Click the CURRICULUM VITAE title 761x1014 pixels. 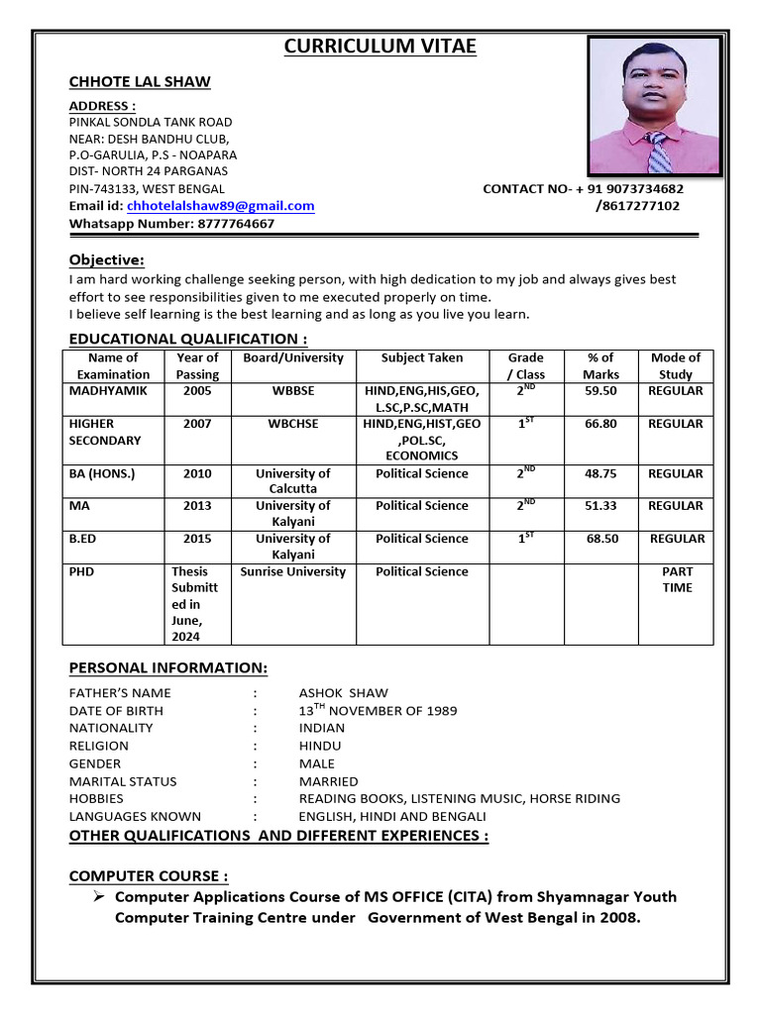[380, 47]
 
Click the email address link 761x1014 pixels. [220, 206]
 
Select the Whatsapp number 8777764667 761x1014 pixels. [236, 224]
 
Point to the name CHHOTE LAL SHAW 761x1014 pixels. [140, 82]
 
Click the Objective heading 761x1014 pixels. [106, 260]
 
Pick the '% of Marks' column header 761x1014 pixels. [600, 365]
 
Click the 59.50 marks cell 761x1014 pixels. [600, 391]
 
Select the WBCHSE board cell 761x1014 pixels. [293, 424]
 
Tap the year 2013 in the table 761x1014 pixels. [197, 506]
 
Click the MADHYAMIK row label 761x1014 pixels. [108, 391]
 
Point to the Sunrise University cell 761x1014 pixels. [293, 572]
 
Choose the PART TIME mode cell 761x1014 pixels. [677, 579]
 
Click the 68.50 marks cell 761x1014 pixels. [601, 539]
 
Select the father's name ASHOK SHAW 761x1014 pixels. [344, 693]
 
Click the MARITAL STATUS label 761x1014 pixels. [123, 781]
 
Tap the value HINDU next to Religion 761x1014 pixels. [320, 746]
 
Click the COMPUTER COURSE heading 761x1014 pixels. [149, 876]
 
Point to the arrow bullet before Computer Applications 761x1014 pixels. [99, 896]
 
